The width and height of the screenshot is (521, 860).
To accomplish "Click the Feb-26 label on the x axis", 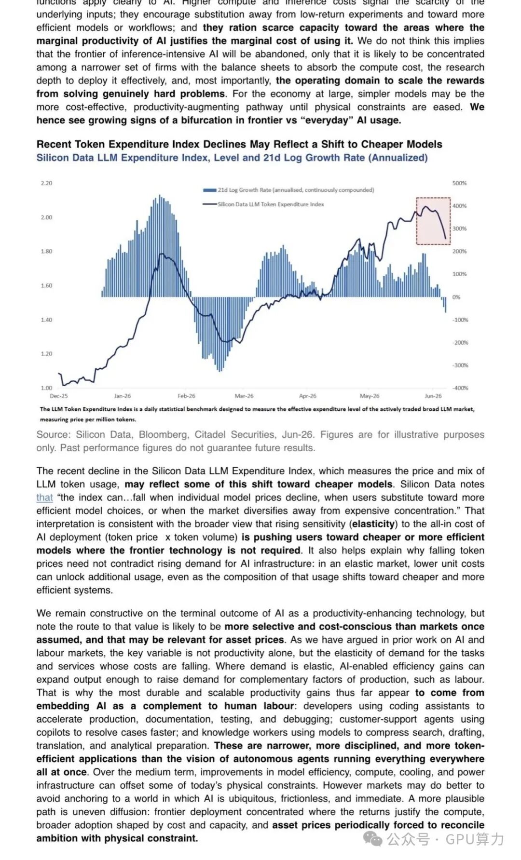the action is (186, 396).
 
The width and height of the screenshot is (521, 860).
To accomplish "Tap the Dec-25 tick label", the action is (59, 396).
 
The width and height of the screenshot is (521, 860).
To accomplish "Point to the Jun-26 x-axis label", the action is (433, 396).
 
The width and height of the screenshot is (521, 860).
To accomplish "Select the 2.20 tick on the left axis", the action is (46, 183).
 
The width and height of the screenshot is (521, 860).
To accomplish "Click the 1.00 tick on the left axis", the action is (46, 388).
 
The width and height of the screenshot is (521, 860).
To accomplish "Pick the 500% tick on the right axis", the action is (460, 183).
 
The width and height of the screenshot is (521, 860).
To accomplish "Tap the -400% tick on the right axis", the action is (460, 388).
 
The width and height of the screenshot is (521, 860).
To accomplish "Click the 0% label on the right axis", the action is (456, 297).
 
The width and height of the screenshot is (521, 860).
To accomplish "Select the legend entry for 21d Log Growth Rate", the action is (288, 190).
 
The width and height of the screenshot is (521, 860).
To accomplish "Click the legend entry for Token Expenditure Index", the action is (263, 204).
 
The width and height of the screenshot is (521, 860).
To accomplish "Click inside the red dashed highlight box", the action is (433, 221).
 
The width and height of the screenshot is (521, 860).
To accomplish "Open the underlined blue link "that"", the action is (44, 497).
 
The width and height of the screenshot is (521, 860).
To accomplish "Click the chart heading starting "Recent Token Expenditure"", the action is (239, 144).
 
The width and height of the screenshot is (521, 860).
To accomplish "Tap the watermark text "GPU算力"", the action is (475, 839).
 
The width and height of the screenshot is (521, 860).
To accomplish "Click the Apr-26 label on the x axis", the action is (308, 396).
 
